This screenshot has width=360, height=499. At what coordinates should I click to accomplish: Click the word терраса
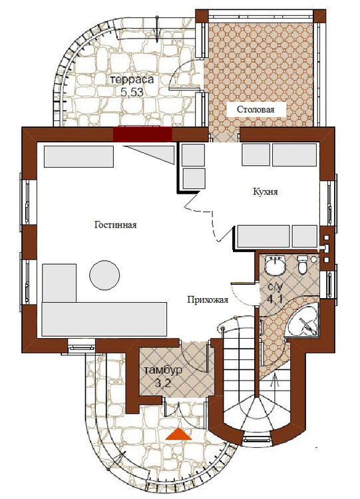coord(132,80)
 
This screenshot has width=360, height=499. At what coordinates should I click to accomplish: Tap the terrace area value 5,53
coord(132,92)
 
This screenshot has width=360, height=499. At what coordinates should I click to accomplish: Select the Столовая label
coord(256,110)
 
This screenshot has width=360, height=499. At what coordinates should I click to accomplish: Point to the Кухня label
coord(266,192)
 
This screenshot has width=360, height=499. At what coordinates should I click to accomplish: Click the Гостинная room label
coord(116,225)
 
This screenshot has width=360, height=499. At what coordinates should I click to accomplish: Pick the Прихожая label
coord(208,300)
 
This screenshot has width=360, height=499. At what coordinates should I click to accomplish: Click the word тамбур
coord(163,371)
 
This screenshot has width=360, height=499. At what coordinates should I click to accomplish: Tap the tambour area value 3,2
coord(163,383)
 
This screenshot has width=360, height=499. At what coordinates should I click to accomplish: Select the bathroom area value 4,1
coord(275,299)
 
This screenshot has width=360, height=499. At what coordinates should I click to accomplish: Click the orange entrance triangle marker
coord(178,434)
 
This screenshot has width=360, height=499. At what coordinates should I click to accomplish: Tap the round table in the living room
coord(104,275)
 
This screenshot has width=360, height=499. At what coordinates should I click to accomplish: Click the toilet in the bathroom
coord(302,264)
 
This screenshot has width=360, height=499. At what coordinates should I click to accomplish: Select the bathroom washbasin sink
coord(275,265)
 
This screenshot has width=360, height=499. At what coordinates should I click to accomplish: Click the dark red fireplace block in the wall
coord(142,134)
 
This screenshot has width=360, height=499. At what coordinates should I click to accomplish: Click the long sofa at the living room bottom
coord(104,319)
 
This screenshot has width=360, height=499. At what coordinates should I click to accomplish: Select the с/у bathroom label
coord(275,287)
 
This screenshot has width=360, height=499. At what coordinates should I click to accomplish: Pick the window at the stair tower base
coord(257,440)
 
